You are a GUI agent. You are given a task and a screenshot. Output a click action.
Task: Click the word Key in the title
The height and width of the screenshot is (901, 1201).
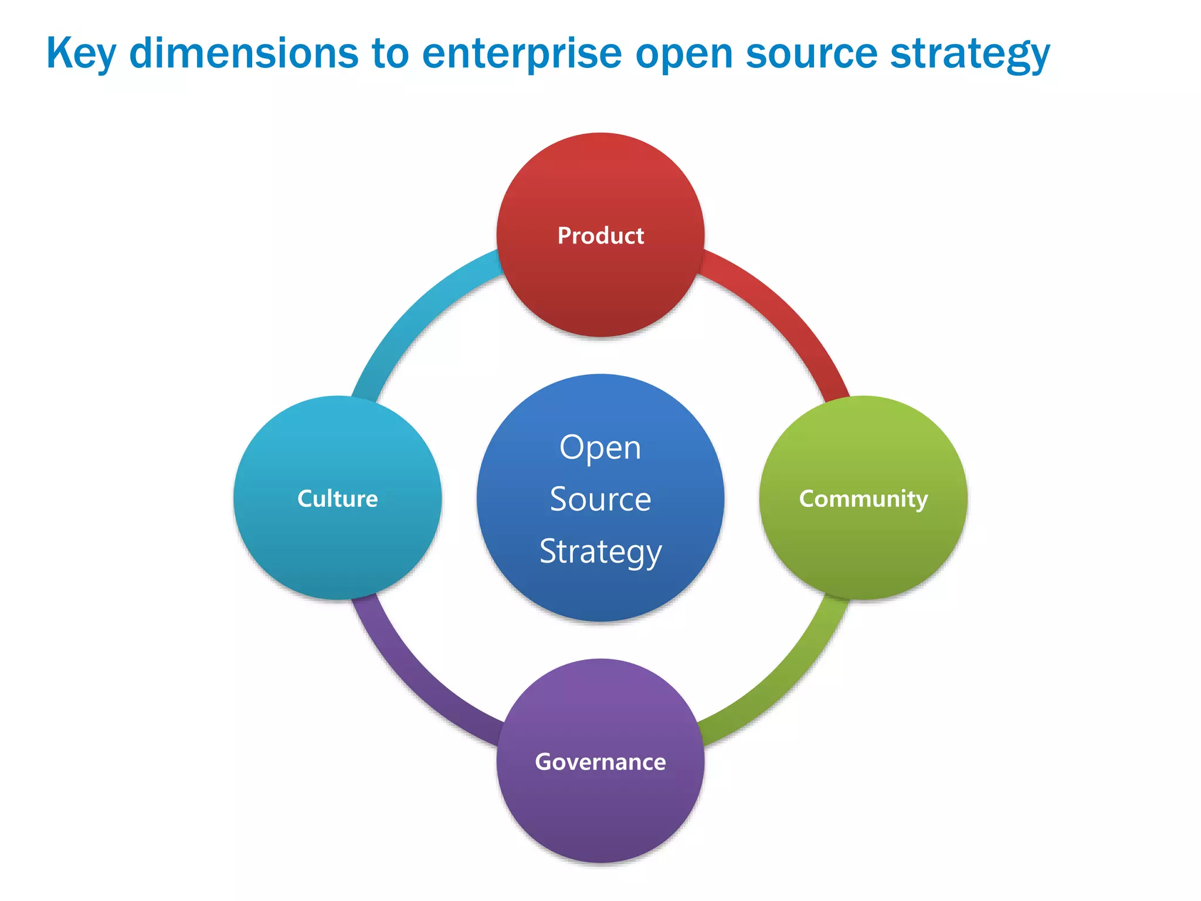80,54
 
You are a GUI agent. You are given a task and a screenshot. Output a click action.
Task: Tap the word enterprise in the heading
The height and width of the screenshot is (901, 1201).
521,54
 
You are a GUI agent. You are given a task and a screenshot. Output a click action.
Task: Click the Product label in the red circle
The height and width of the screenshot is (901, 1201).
600,236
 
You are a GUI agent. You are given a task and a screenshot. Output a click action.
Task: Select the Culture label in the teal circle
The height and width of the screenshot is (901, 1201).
337,499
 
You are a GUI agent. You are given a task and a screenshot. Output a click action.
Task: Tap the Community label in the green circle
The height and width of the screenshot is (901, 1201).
863,499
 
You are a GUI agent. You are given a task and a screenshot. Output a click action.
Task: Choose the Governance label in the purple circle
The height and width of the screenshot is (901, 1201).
600,762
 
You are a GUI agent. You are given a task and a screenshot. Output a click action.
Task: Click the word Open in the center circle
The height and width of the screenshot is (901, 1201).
600,448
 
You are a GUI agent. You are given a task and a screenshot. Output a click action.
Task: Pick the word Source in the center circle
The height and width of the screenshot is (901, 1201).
600,500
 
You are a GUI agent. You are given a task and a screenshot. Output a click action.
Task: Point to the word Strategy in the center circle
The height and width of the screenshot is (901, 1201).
600,552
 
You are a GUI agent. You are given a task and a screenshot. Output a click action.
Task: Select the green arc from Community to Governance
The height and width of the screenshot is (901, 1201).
786,680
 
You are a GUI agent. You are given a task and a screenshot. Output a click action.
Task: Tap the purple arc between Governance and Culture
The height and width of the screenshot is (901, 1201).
414,680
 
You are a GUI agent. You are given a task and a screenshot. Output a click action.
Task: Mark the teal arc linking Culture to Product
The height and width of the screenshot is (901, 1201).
414,317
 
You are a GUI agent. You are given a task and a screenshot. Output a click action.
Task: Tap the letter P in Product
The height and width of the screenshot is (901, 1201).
564,236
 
